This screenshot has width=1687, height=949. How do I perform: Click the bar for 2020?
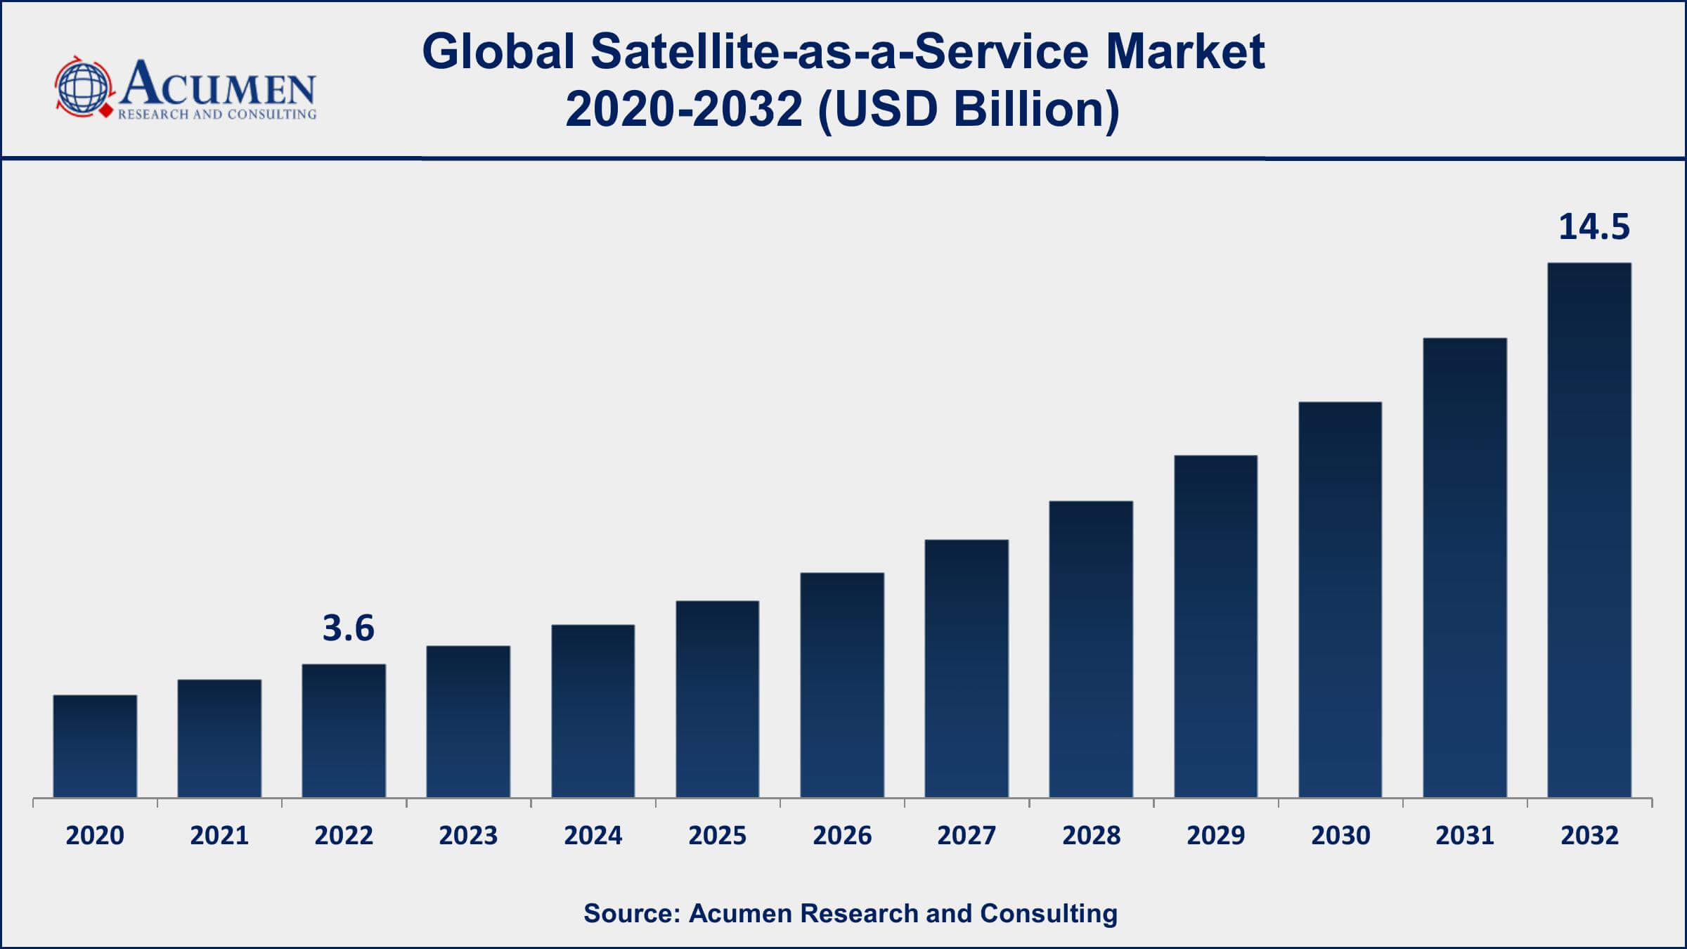tap(95, 746)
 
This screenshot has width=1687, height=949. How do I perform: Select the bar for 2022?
tap(344, 730)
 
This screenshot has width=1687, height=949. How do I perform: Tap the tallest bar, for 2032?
tap(1589, 530)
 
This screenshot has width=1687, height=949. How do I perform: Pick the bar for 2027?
tap(967, 669)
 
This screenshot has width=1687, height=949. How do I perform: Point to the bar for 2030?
tap(1340, 600)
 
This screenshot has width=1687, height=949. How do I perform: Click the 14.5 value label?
tap(1594, 227)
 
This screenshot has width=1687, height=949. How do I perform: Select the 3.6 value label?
tap(348, 628)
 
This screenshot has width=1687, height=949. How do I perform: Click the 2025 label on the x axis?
tap(717, 835)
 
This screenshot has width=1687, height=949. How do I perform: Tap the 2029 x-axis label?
tap(1215, 835)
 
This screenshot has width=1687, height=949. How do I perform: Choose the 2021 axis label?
tap(219, 835)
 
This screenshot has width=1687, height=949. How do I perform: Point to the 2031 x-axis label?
tap(1464, 835)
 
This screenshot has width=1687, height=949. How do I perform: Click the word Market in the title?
tap(1185, 51)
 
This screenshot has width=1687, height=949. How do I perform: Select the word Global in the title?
tap(498, 51)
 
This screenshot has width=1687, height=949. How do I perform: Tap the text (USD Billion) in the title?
tap(969, 110)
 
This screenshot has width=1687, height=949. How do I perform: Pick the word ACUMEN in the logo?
tap(218, 84)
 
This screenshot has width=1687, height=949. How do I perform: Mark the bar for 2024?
tap(593, 711)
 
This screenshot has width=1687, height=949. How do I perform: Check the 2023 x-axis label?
tap(468, 835)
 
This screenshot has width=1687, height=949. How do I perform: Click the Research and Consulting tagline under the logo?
tap(217, 114)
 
